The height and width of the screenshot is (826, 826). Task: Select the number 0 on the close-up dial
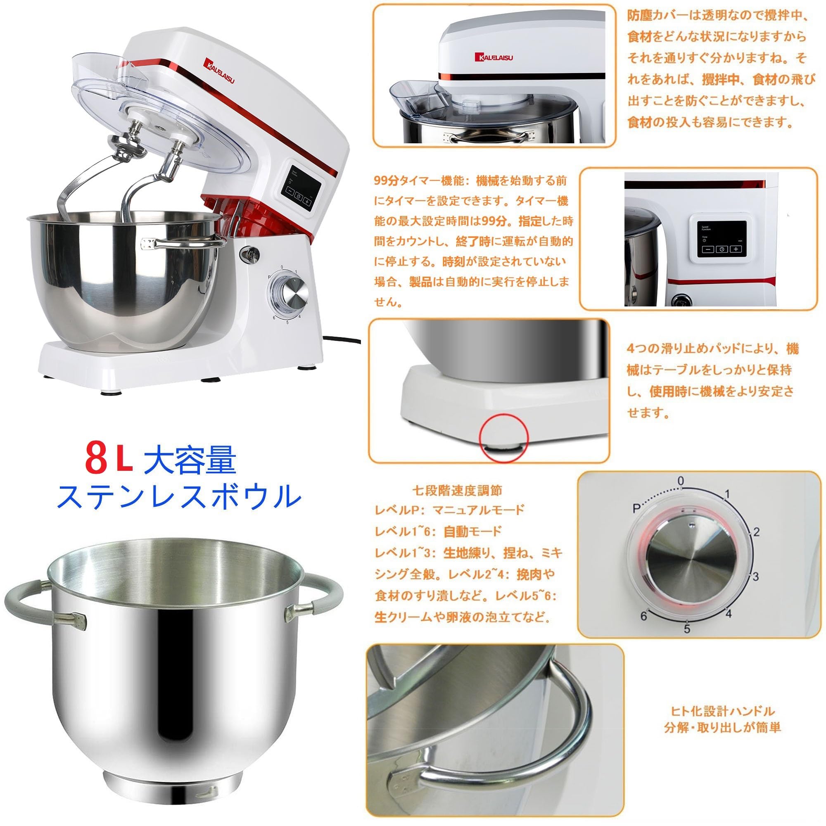681,481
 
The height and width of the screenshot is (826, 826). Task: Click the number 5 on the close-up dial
687,629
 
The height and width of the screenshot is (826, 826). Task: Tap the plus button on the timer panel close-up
736,249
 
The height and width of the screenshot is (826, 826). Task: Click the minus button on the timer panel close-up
708,249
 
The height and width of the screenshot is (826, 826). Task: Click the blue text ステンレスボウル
180,496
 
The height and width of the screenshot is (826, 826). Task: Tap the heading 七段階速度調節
457,490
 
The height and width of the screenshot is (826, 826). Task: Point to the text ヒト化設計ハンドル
722,712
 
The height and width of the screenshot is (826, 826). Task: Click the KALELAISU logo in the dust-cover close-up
494,57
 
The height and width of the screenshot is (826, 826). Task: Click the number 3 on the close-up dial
755,576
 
